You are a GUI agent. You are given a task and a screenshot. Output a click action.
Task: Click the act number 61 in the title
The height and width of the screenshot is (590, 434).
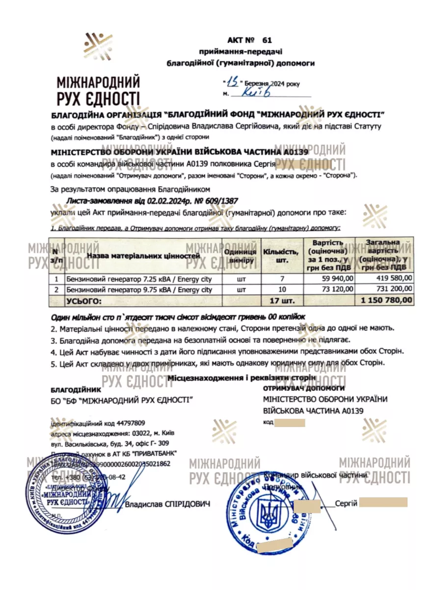[267, 40]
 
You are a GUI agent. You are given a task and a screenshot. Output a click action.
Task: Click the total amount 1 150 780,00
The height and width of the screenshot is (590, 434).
[386, 299]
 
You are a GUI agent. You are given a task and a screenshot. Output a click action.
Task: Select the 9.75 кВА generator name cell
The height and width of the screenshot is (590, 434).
[139, 289]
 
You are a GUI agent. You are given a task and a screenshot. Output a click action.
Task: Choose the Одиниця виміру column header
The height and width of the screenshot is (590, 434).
[241, 256]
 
